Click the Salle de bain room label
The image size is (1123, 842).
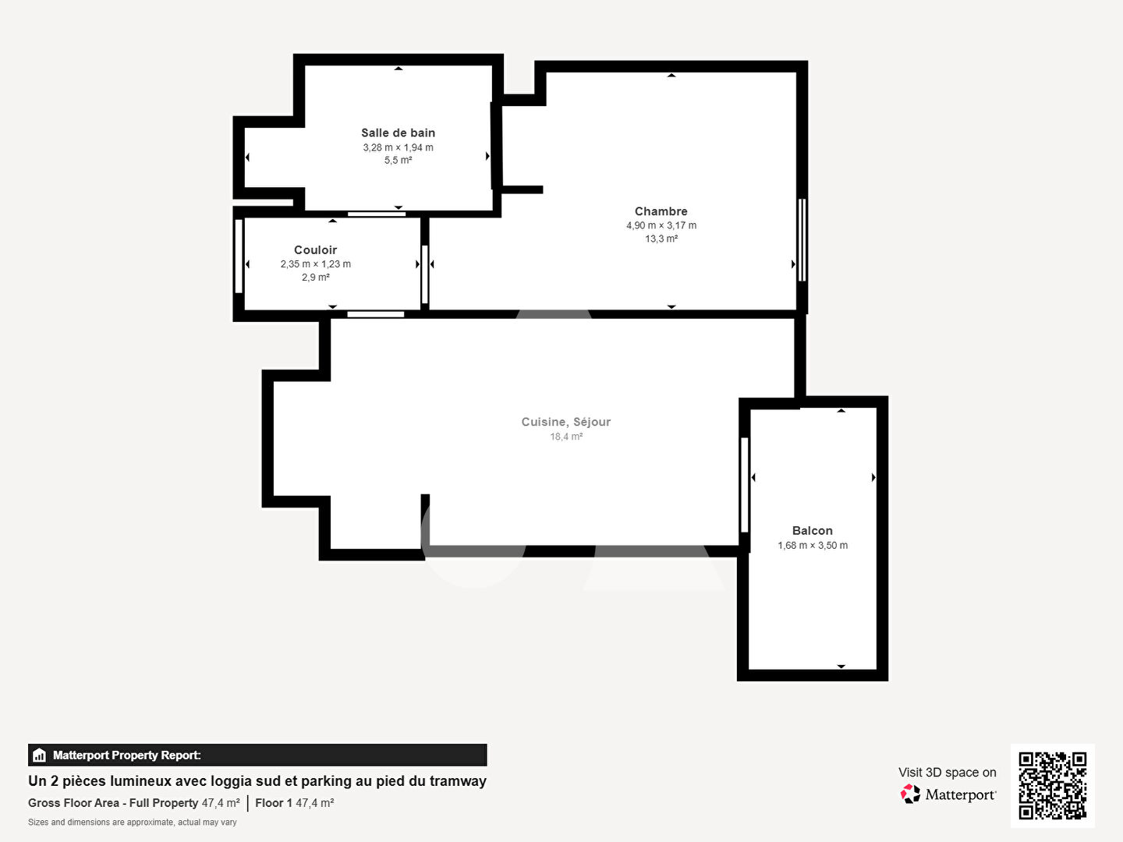coord(398,133)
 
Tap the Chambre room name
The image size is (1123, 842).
coord(661,211)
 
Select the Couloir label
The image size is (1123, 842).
coord(315,250)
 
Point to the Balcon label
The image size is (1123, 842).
coord(813,531)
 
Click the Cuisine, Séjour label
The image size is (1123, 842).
coord(566,422)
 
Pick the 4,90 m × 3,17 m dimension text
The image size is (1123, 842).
coord(661,225)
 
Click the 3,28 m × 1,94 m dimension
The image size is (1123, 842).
coord(398,148)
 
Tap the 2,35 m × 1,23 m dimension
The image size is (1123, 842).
coord(315,264)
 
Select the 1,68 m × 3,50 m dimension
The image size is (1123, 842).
coord(813,546)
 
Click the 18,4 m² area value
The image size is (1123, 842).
coord(566,437)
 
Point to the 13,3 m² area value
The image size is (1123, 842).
coord(661,239)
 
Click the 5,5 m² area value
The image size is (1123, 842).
coord(398,161)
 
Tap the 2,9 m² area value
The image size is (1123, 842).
coord(315,278)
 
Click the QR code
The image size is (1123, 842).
coord(1052,786)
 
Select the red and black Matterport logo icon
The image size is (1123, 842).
coord(910,794)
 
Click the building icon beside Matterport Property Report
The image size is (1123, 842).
coord(40,755)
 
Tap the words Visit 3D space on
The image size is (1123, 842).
coord(947,773)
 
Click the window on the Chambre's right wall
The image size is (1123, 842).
coord(802,240)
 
